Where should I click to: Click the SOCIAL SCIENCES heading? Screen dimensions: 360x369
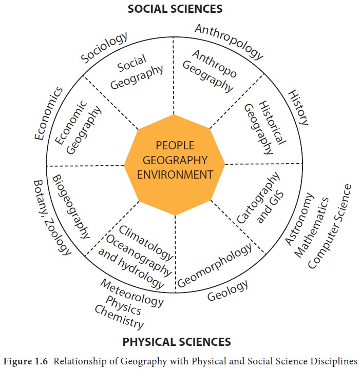click(x=175, y=9)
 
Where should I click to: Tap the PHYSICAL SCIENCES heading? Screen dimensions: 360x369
click(x=177, y=342)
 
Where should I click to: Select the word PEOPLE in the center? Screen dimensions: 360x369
click(x=175, y=145)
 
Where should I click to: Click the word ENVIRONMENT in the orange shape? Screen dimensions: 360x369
click(x=175, y=174)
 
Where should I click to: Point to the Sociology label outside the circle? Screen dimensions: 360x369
click(x=104, y=48)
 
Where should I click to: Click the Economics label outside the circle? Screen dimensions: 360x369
click(x=49, y=113)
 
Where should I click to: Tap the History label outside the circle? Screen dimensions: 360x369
click(x=298, y=107)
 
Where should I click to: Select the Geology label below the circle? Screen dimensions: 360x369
click(x=228, y=290)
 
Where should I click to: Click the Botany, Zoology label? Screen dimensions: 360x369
click(x=52, y=218)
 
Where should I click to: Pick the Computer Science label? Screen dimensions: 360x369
click(x=330, y=226)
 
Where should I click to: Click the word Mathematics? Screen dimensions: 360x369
click(x=312, y=227)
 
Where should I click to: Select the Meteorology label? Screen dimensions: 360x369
click(x=132, y=293)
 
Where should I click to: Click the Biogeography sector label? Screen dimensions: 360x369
click(x=71, y=207)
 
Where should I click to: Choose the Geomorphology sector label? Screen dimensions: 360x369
click(x=215, y=265)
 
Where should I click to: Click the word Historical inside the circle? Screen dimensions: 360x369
click(x=272, y=123)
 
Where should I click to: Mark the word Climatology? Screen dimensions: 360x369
click(x=146, y=243)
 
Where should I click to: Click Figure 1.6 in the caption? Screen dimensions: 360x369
click(x=26, y=361)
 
